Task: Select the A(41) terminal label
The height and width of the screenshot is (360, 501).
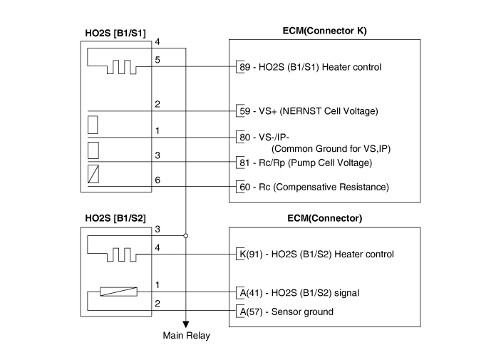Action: tap(250, 292)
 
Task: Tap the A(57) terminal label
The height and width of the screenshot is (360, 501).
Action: tap(250, 312)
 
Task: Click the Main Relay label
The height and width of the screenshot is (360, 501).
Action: tap(187, 336)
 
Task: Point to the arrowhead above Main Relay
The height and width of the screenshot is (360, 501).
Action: tap(186, 323)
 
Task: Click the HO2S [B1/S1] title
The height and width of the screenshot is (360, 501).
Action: tap(115, 33)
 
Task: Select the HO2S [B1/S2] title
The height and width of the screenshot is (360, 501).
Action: tap(115, 219)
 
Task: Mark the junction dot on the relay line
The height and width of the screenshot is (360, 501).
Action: tap(186, 235)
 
